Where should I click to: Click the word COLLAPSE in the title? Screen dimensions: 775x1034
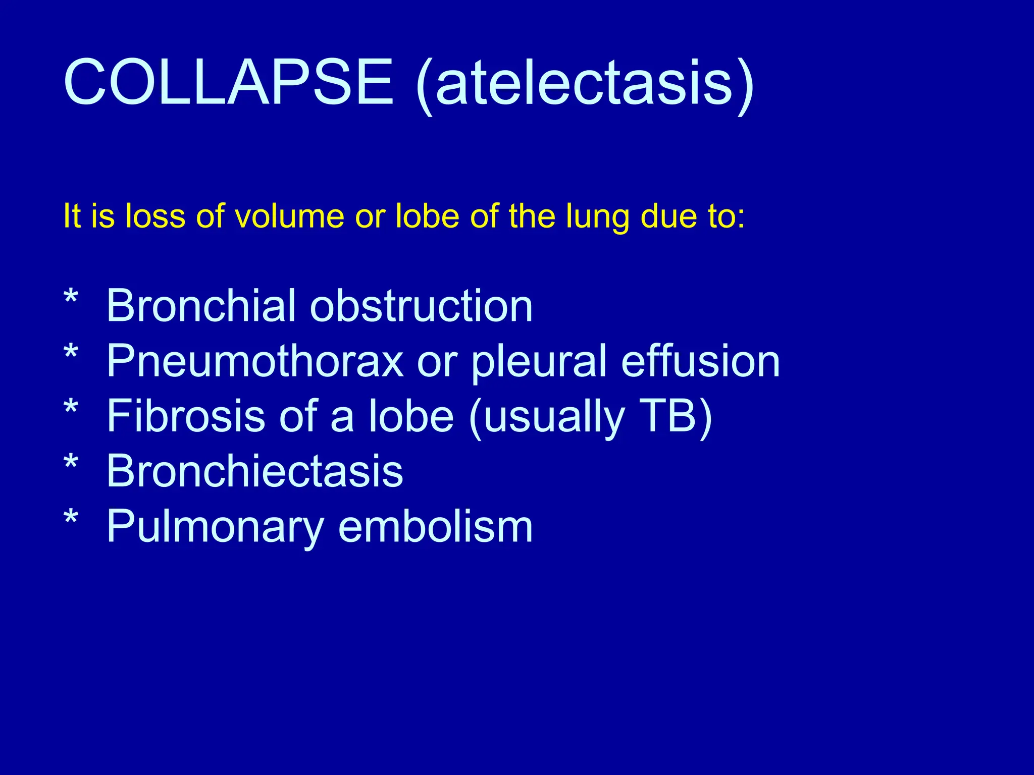click(x=228, y=82)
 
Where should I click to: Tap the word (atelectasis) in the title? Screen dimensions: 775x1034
click(x=585, y=83)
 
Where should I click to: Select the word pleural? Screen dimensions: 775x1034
click(x=539, y=362)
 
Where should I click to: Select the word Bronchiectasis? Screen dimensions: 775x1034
click(x=255, y=470)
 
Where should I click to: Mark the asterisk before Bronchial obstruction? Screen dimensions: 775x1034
click(x=71, y=298)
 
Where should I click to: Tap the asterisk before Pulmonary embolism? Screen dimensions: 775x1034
click(x=71, y=518)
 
